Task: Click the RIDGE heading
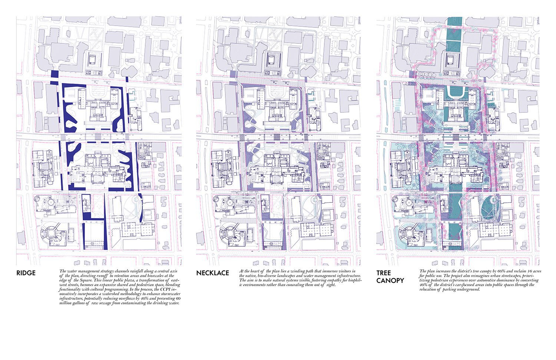tap(26, 273)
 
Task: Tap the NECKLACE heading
tap(212, 273)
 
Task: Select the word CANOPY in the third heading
tap(390, 281)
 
